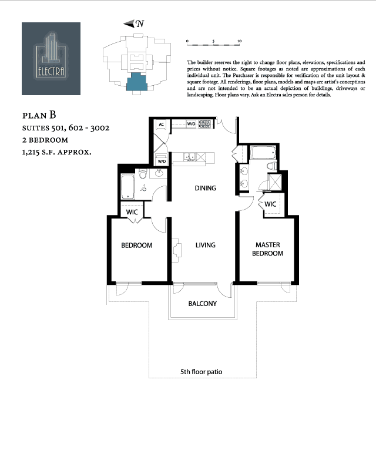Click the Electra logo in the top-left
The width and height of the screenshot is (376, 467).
click(51, 58)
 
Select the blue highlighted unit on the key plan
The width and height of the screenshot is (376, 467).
click(139, 82)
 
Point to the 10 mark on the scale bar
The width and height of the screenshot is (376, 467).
click(239, 42)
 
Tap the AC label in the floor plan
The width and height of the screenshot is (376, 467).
click(160, 125)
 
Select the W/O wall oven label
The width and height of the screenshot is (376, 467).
click(191, 125)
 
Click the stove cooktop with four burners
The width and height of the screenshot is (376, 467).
click(205, 125)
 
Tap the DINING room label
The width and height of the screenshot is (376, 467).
click(206, 189)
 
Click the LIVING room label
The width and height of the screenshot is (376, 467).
click(206, 245)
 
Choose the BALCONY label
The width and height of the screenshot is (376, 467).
click(203, 304)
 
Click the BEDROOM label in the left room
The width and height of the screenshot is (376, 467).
click(137, 245)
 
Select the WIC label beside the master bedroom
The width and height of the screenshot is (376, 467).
click(270, 204)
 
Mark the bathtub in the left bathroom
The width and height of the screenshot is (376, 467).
click(127, 187)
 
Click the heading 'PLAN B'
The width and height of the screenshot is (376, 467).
click(42, 115)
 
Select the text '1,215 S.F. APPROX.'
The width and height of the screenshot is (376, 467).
click(57, 152)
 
